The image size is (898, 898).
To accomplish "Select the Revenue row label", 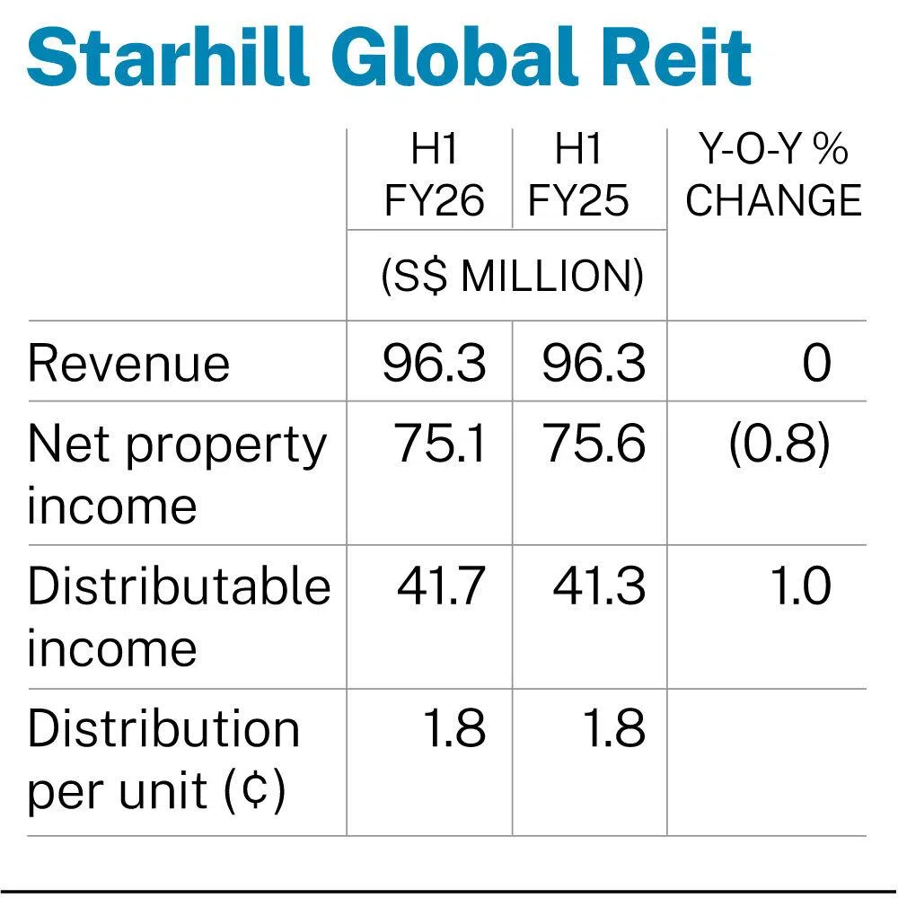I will tap(128, 364).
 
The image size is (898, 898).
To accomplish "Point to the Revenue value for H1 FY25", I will tap(594, 364).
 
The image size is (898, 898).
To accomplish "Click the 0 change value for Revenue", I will tap(816, 364).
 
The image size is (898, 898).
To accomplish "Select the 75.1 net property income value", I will tap(441, 445).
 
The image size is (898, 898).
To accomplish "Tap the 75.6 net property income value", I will tap(594, 445).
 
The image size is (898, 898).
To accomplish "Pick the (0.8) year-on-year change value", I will tap(779, 445).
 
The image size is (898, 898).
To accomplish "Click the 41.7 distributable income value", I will tap(441, 587).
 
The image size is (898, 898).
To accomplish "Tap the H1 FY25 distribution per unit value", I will tap(614, 729).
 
